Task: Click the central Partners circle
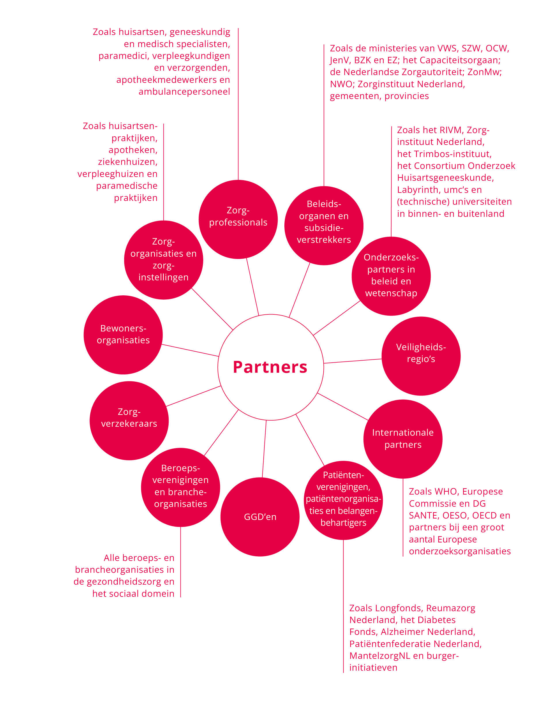coord(270,367)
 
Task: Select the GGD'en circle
coord(260,517)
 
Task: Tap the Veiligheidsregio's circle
coord(421,356)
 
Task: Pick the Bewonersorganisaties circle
coord(123,334)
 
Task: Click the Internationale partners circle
coord(402,439)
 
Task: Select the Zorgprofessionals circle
coord(238,219)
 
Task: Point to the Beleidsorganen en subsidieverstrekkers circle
coord(323,225)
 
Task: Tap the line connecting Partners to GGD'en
coord(264,449)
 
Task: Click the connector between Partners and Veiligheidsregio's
coord(353,361)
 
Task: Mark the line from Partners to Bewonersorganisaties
coord(190,350)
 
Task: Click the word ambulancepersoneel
coord(184,92)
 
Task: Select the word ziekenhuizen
coord(128,161)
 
